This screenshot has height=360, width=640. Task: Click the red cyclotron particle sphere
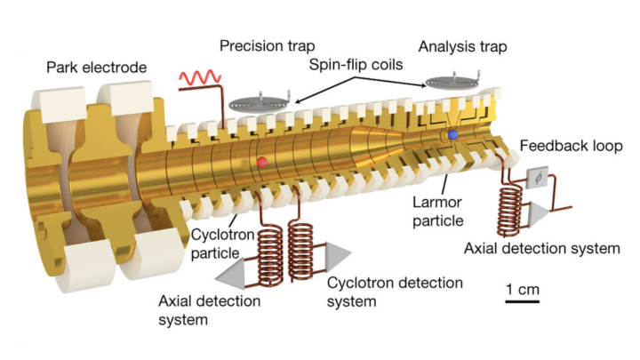pyautogui.click(x=262, y=162)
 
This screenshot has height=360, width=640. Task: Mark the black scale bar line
pyautogui.click(x=523, y=302)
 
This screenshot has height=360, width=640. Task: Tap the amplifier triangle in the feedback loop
pyautogui.click(x=538, y=212)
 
